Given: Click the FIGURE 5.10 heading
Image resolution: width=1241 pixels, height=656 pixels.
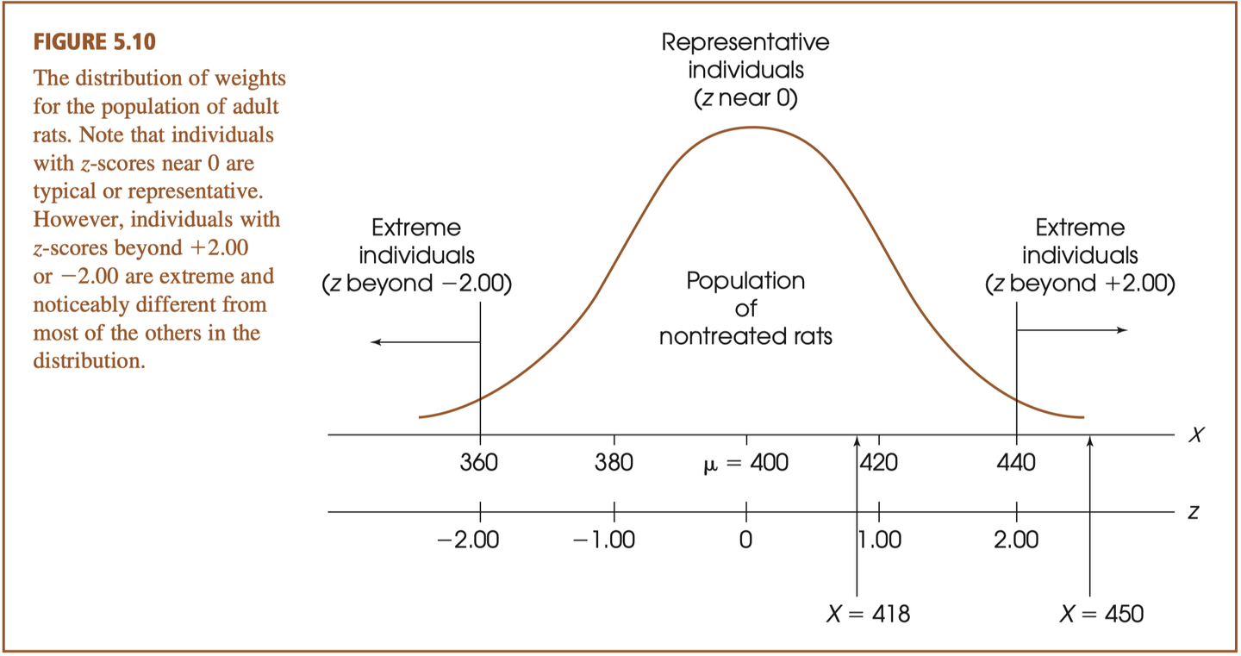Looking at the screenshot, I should coord(95,41).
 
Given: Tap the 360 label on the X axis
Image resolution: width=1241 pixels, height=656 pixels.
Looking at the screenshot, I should coord(478,464).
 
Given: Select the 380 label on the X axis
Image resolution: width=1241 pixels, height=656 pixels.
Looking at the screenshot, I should coord(614,464).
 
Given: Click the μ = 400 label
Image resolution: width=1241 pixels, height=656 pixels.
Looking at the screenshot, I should coord(745,464).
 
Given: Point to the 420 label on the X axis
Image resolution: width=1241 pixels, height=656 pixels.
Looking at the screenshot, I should coord(880,464).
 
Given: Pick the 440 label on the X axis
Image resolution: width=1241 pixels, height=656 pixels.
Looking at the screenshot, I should coord(1017,464).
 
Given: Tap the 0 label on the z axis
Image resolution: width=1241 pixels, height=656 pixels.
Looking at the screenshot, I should coord(745,540).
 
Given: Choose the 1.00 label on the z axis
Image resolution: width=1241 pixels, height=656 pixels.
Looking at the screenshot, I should coord(882,540).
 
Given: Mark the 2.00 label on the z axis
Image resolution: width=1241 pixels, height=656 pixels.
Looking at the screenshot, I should coord(1016,540).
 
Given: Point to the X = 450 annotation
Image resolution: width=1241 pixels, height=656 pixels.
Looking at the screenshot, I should coord(1101,614).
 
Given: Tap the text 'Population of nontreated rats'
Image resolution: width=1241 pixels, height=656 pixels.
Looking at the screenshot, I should coord(745,309).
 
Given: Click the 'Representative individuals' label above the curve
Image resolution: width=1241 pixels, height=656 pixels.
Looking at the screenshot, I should coord(745,56).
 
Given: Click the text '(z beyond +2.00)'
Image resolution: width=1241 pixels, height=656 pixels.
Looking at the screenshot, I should coord(1080,284).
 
